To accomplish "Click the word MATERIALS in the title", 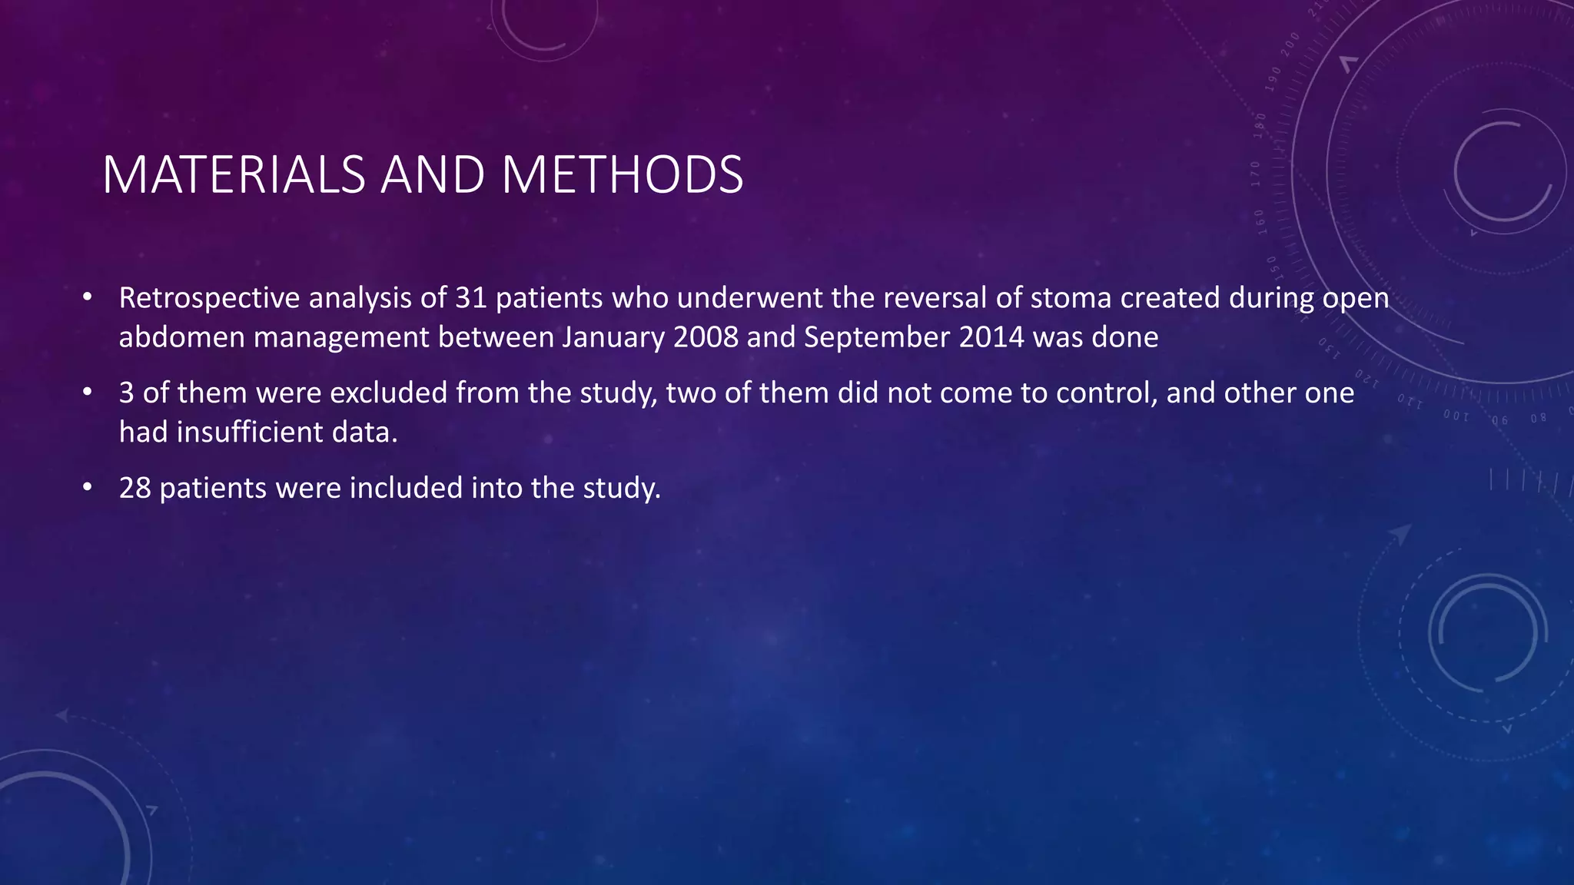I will pos(233,175).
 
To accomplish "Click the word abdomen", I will pos(181,338).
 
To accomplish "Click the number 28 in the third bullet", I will pos(135,489).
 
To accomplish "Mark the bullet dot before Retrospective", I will pos(88,297).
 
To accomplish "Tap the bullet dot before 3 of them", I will pos(88,393).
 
